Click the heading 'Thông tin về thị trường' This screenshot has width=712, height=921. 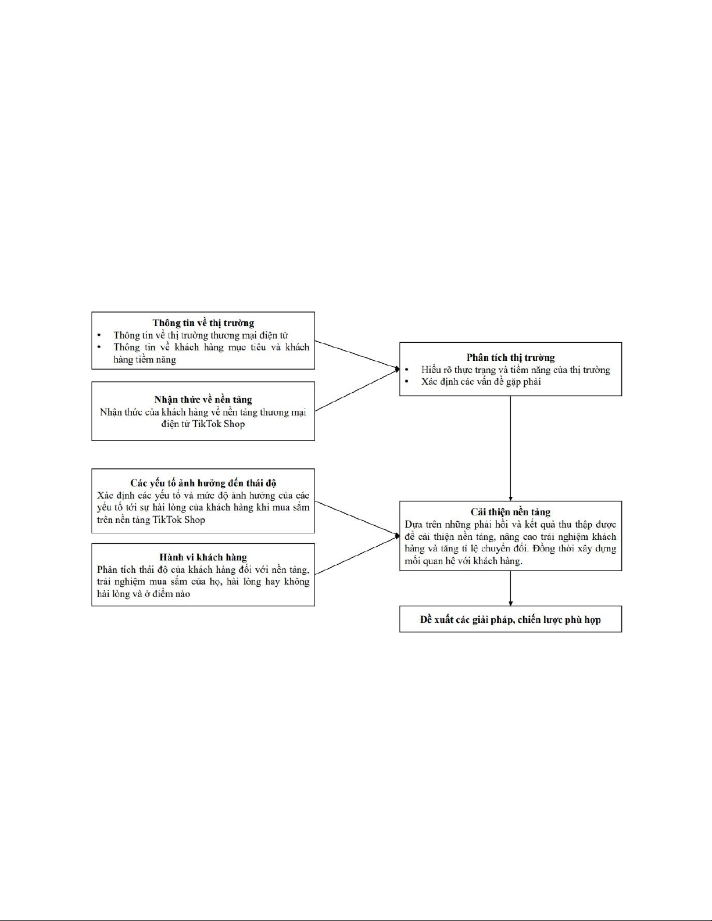pyautogui.click(x=203, y=323)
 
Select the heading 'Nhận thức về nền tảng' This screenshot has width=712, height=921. pyautogui.click(x=203, y=400)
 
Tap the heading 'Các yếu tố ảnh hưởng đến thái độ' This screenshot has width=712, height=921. pyautogui.click(x=203, y=483)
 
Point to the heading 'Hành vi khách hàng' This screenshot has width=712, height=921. pyautogui.click(x=203, y=557)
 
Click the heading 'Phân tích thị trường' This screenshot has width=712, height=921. pyautogui.click(x=511, y=357)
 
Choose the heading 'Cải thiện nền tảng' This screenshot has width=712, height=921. pyautogui.click(x=511, y=511)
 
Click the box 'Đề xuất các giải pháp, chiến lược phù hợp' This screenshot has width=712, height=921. pyautogui.click(x=511, y=619)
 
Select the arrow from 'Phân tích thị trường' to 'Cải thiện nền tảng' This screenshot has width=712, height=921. pyautogui.click(x=510, y=449)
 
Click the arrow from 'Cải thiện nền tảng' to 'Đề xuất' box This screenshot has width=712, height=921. pyautogui.click(x=510, y=588)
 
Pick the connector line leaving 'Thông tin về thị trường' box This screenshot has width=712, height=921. pyautogui.click(x=357, y=355)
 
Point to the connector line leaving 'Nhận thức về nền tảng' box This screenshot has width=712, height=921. pyautogui.click(x=357, y=390)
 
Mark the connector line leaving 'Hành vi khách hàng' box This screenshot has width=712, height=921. pyautogui.click(x=357, y=556)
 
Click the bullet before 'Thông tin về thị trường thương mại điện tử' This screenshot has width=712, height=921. pyautogui.click(x=99, y=336)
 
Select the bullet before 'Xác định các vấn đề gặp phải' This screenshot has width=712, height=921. pyautogui.click(x=407, y=381)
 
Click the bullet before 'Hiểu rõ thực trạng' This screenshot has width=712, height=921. pyautogui.click(x=407, y=370)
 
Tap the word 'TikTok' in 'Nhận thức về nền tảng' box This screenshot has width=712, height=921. pyautogui.click(x=207, y=424)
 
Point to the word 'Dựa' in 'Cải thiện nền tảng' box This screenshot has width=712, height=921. pyautogui.click(x=413, y=525)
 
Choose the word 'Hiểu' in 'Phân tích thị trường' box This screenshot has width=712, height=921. pyautogui.click(x=431, y=370)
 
